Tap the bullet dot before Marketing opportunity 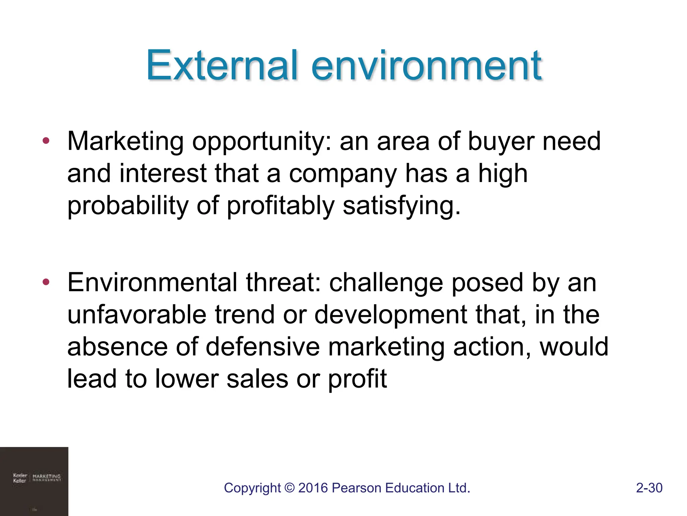[x=46, y=140]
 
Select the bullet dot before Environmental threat [x=46, y=282]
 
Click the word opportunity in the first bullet [x=262, y=142]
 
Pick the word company [x=343, y=174]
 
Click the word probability [x=128, y=206]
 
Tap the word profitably [x=281, y=206]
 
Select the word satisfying [x=401, y=206]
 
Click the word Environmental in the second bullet [x=152, y=283]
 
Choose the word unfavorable [x=137, y=315]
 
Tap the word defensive [x=263, y=347]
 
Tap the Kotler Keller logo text [x=20, y=478]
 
